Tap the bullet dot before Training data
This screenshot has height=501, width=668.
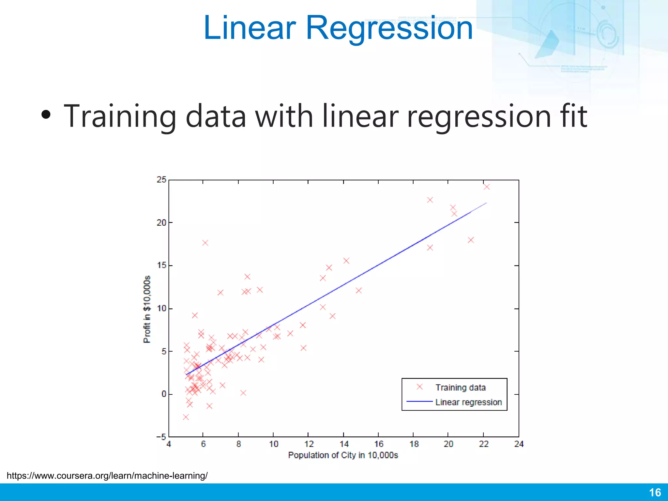pyautogui.click(x=46, y=114)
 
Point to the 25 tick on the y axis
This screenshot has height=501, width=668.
pyautogui.click(x=161, y=180)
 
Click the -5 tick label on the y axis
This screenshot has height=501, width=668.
pyautogui.click(x=161, y=437)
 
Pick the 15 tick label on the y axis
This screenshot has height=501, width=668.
pyautogui.click(x=161, y=266)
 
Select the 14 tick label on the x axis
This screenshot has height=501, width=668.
pyautogui.click(x=344, y=444)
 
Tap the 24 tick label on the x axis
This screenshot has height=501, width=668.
pyautogui.click(x=519, y=444)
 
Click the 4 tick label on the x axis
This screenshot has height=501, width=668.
pyautogui.click(x=169, y=444)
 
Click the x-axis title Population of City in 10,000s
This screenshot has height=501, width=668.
pyautogui.click(x=343, y=455)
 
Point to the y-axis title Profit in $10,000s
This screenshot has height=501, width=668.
pyautogui.click(x=147, y=309)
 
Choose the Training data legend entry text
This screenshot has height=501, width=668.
pyautogui.click(x=461, y=387)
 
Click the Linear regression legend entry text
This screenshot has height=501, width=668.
pyautogui.click(x=468, y=402)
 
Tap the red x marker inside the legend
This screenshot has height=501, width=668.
pyautogui.click(x=420, y=387)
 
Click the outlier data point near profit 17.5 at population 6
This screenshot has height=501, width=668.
pyautogui.click(x=205, y=243)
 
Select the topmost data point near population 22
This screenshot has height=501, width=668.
pyautogui.click(x=487, y=187)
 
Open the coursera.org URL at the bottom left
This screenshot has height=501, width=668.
pyautogui.click(x=107, y=476)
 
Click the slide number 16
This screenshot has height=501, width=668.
pyautogui.click(x=655, y=493)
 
